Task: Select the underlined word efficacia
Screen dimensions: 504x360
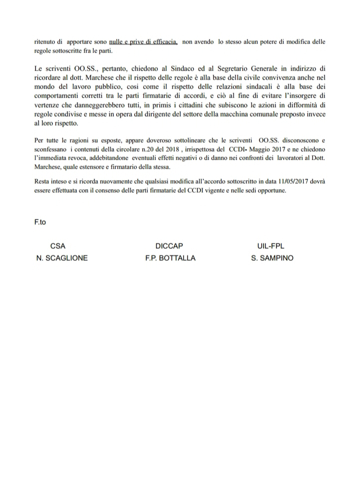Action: coord(162,44)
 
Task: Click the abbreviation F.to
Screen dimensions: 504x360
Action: coord(40,222)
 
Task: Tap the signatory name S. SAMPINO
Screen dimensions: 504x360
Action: coord(272,258)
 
